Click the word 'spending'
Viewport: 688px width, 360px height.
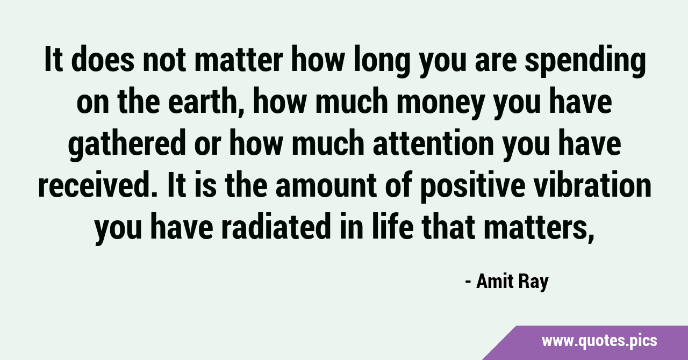click(585, 61)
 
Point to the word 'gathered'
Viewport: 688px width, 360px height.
click(127, 145)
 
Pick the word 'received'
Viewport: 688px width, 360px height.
click(98, 184)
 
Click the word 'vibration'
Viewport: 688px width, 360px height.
click(592, 184)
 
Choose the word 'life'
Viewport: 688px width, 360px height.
click(392, 226)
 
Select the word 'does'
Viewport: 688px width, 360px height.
click(103, 59)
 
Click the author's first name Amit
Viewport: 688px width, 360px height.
click(495, 282)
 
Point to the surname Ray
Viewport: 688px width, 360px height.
click(534, 283)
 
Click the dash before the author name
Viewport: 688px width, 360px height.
click(468, 283)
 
